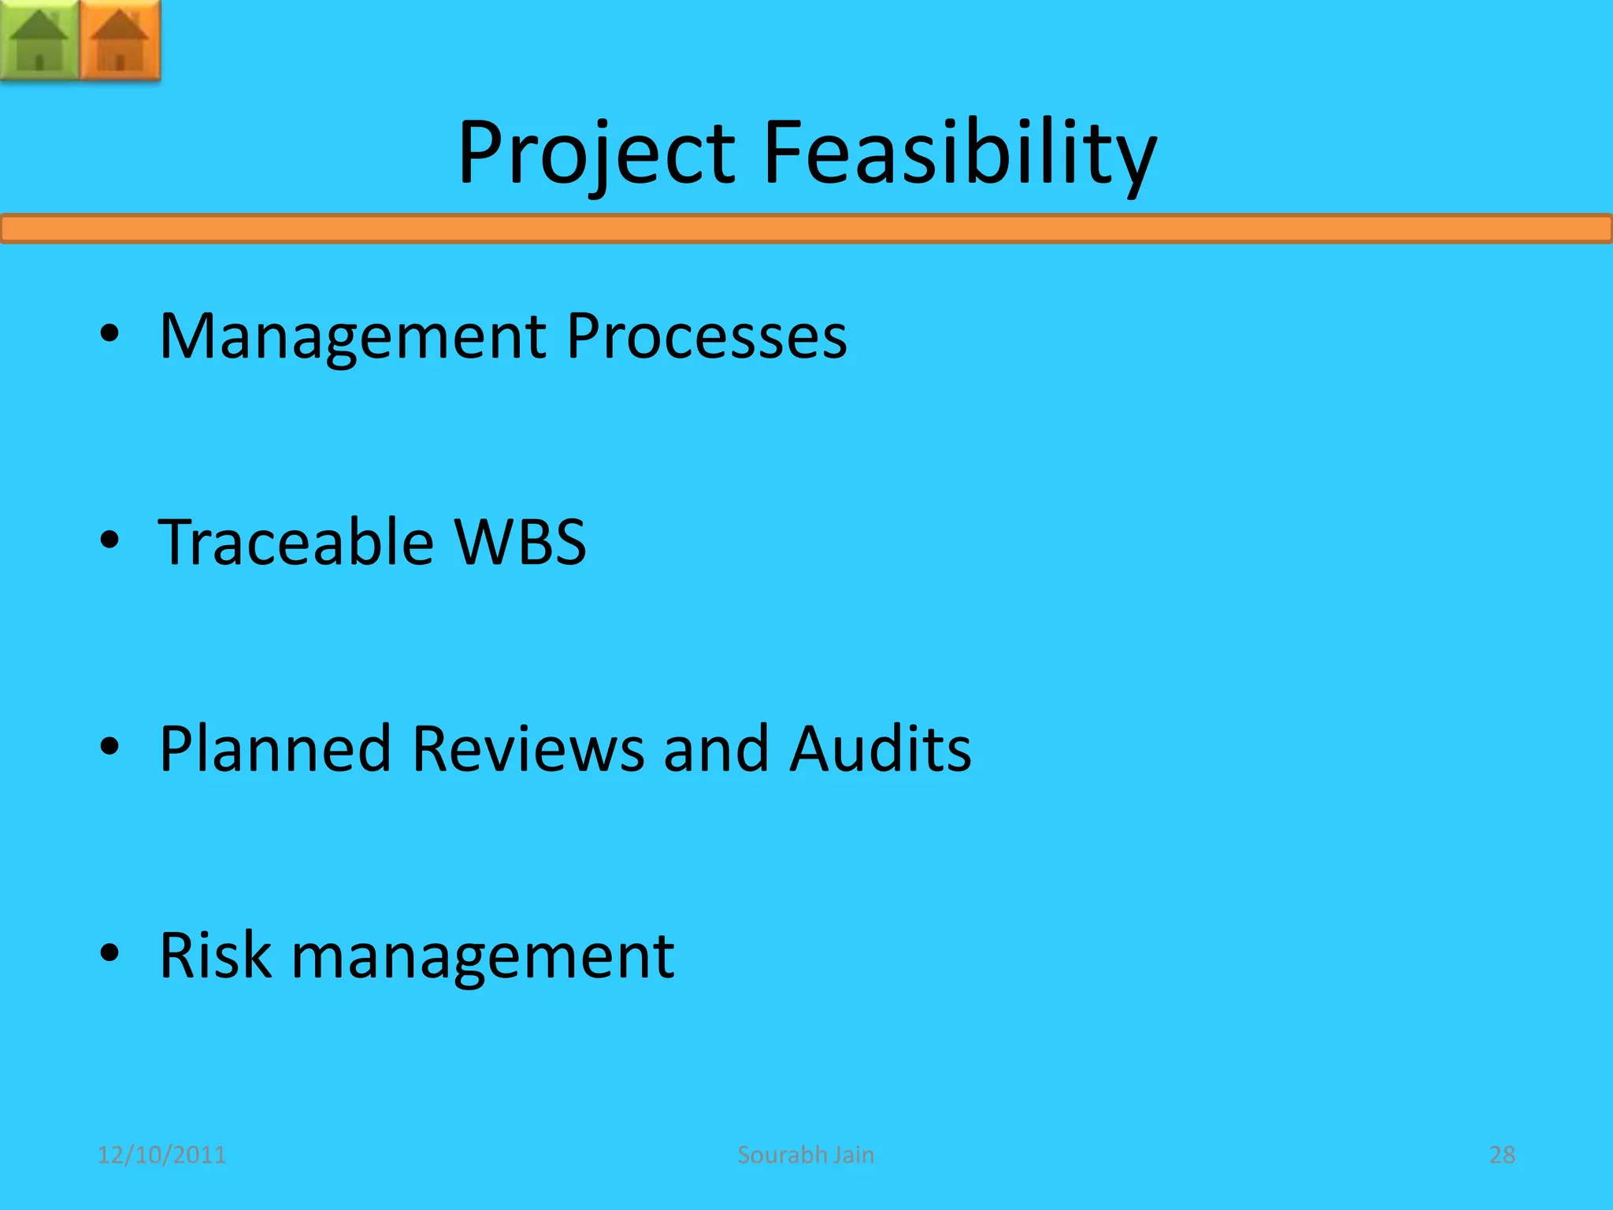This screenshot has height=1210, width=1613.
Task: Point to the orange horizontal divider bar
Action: pos(806,228)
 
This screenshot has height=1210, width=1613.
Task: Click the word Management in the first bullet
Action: pos(353,337)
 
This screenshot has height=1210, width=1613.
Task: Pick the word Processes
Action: pos(706,337)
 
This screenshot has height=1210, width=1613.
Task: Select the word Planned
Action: pos(276,748)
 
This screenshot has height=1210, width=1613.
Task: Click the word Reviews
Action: pos(528,748)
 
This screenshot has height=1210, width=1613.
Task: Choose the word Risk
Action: pos(215,955)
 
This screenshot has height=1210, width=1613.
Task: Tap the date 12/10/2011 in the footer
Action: pos(161,1155)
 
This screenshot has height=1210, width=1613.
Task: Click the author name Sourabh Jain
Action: pos(806,1155)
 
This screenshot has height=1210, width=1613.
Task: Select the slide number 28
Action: pos(1502,1155)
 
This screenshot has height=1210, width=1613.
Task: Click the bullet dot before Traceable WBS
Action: pos(109,540)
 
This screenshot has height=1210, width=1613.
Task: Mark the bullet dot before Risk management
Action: pos(109,953)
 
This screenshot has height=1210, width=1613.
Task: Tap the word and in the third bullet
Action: pos(716,748)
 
